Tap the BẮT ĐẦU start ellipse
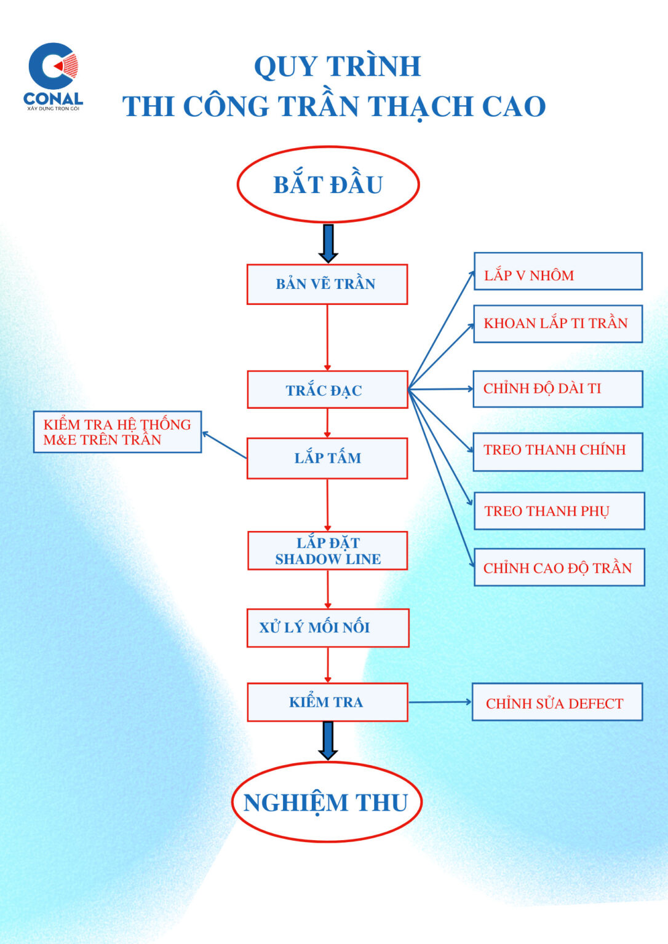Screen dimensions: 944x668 click(x=328, y=184)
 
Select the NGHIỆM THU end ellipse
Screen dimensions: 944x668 click(x=327, y=802)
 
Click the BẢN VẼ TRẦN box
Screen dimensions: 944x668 click(x=327, y=284)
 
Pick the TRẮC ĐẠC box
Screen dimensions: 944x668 click(x=327, y=390)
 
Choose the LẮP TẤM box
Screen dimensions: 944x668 click(x=327, y=458)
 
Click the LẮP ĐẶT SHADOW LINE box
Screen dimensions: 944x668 click(x=327, y=551)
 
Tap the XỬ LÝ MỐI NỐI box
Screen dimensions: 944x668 click(x=327, y=627)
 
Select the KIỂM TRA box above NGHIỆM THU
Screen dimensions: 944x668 click(x=327, y=702)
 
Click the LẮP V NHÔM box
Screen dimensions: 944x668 click(x=557, y=271)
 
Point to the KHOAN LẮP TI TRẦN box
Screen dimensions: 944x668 click(x=557, y=324)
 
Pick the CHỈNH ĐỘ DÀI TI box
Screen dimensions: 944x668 click(x=557, y=388)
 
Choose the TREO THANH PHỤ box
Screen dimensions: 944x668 click(x=559, y=511)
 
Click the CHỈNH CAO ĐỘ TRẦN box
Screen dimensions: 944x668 click(x=559, y=567)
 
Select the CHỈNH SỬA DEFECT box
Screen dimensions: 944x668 click(x=557, y=702)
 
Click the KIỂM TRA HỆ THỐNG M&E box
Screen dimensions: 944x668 click(x=117, y=432)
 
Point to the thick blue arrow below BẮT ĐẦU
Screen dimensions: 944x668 click(x=328, y=243)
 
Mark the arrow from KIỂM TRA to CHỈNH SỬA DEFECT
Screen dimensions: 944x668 click(x=439, y=702)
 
